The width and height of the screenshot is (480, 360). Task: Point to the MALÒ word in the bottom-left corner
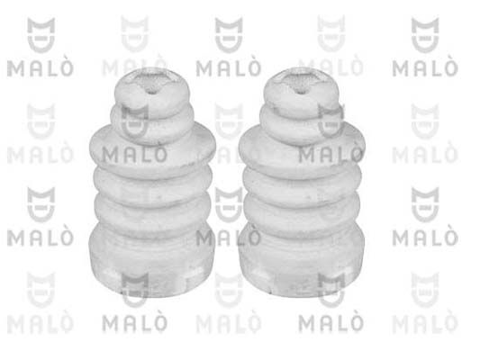click(36, 323)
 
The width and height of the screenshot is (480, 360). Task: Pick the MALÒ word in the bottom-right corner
click(429, 323)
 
